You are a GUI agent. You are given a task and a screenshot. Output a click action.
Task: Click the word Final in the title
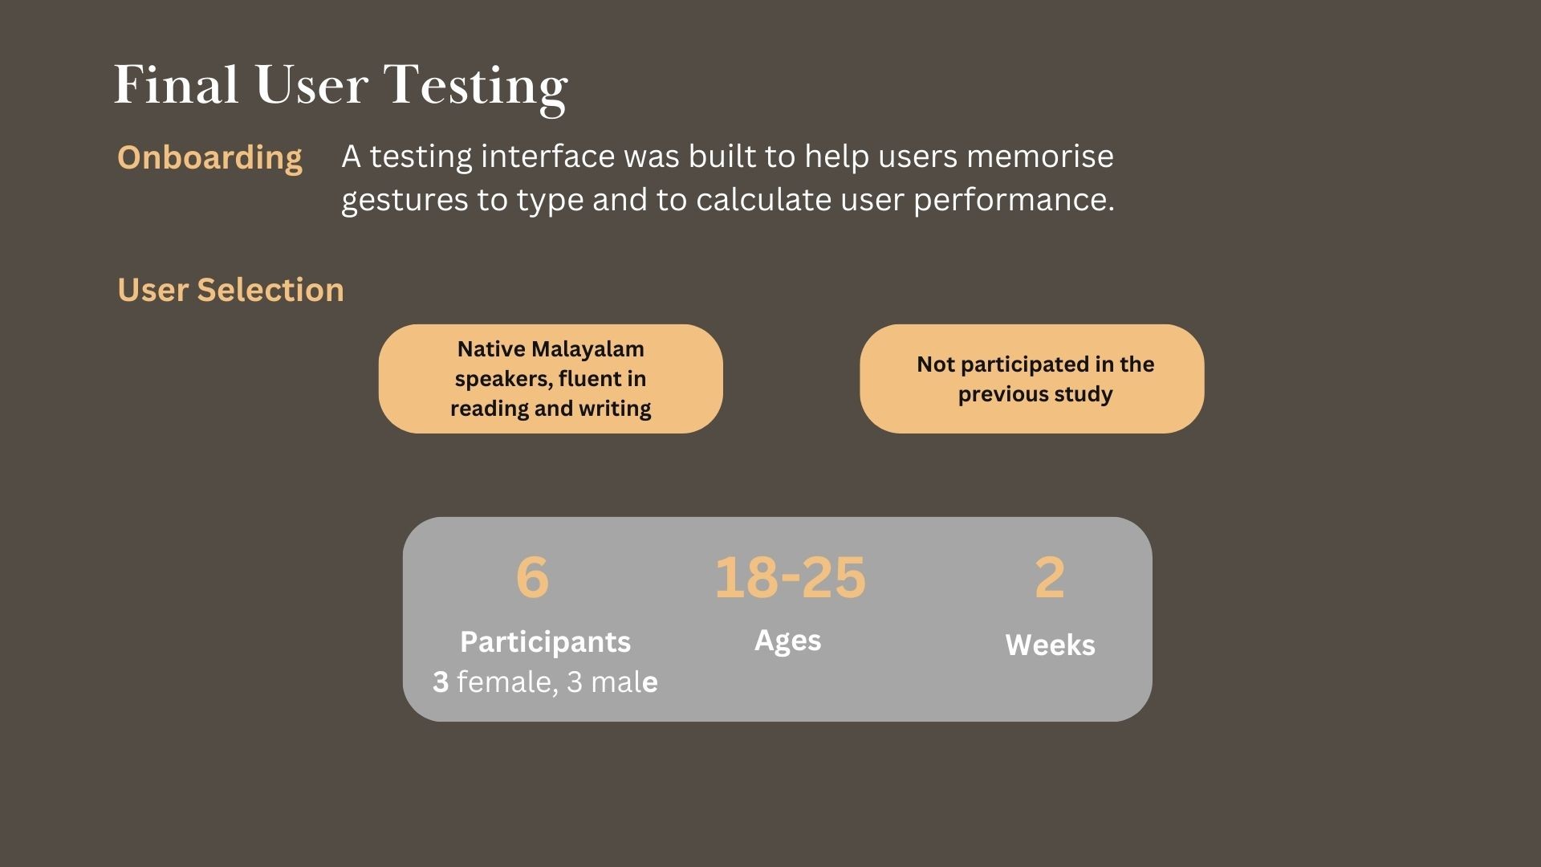pyautogui.click(x=177, y=84)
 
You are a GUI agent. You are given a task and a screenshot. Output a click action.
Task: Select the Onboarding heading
pyautogui.click(x=209, y=158)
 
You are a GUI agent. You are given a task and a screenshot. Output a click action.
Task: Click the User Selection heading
pyautogui.click(x=230, y=290)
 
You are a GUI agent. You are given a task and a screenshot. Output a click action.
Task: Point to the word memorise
pyautogui.click(x=1039, y=156)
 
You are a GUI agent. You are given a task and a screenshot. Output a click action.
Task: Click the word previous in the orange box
pyautogui.click(x=994, y=394)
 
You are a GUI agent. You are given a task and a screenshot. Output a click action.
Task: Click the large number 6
pyautogui.click(x=532, y=577)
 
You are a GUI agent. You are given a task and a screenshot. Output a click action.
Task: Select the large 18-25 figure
pyautogui.click(x=791, y=577)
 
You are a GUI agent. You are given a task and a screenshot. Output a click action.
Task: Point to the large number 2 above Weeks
pyautogui.click(x=1050, y=577)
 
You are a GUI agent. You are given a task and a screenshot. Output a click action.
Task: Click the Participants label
pyautogui.click(x=545, y=642)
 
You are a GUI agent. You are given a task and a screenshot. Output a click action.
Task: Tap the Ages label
pyautogui.click(x=787, y=641)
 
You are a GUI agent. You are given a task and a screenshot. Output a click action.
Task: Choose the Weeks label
pyautogui.click(x=1050, y=645)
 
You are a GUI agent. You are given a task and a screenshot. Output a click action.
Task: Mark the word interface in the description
pyautogui.click(x=547, y=156)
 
